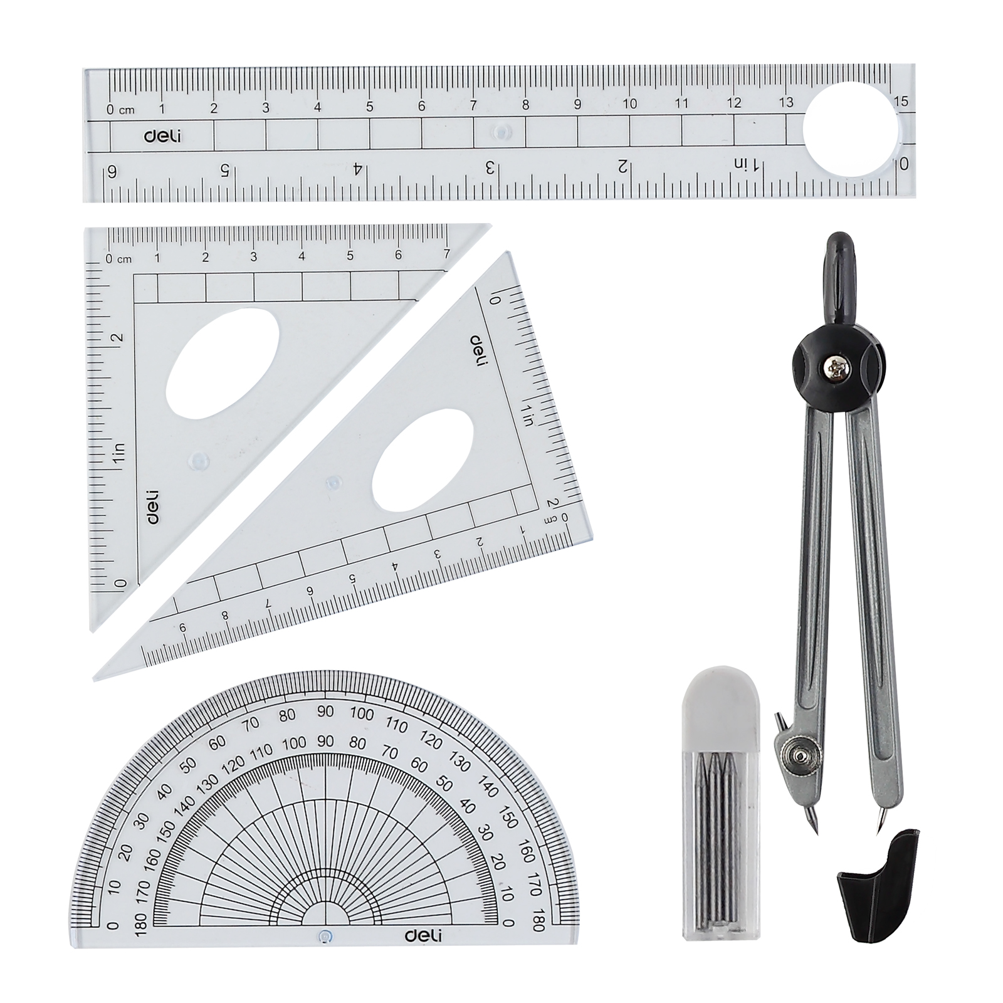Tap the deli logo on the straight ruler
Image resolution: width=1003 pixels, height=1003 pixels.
coord(162,135)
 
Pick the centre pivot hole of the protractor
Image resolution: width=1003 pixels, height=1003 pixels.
coord(323,937)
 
